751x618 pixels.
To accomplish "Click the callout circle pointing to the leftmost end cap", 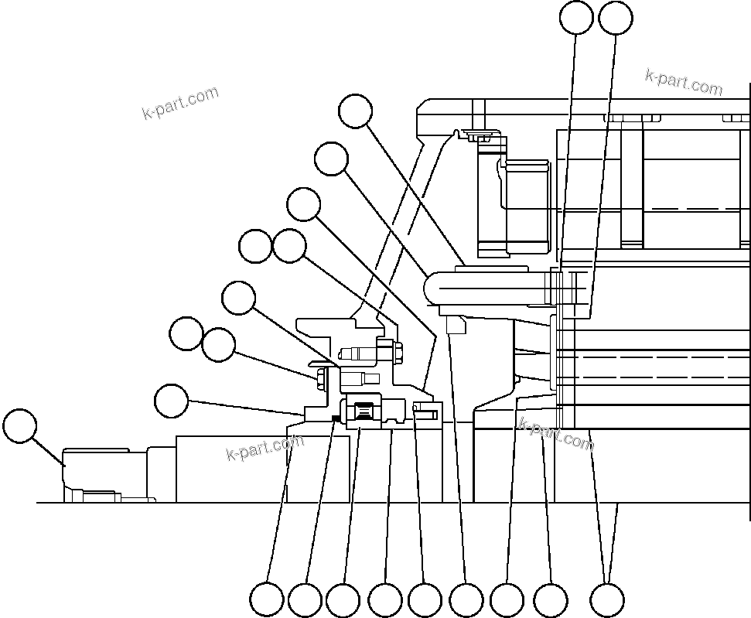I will tap(19, 427).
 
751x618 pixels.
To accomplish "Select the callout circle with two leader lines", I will tap(607, 599).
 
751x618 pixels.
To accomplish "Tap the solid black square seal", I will tap(334, 419).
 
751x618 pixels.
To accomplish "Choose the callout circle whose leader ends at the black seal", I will tap(305, 599).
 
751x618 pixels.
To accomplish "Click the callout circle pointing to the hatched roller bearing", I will tap(343, 599).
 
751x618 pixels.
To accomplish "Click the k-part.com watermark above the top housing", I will tap(684, 81).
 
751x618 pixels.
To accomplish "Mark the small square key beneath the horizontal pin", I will tap(456, 326).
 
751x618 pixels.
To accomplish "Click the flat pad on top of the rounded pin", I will tap(487, 268).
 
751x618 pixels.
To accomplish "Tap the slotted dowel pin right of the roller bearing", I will tap(425, 415).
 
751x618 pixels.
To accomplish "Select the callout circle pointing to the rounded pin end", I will tap(331, 159).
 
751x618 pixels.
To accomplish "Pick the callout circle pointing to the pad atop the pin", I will tap(356, 111).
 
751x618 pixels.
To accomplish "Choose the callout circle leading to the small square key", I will tap(466, 599).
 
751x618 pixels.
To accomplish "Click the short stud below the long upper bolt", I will tap(360, 378).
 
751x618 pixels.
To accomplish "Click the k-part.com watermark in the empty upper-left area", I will tap(180, 104).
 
